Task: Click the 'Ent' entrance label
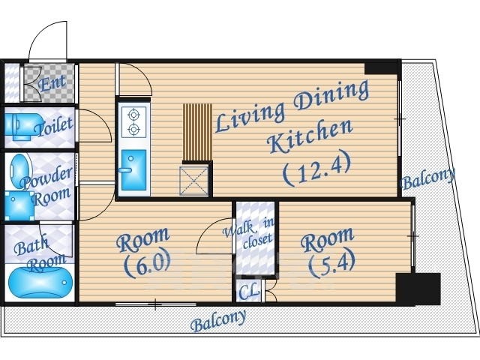(52, 82)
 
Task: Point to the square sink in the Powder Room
(19, 205)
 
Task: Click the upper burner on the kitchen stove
(133, 115)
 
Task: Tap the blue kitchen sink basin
(133, 170)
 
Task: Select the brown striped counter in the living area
(197, 132)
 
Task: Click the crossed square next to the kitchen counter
(193, 181)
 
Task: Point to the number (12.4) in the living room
(316, 169)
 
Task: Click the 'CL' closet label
(249, 292)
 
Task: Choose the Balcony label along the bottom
(218, 320)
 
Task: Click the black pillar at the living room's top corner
(381, 68)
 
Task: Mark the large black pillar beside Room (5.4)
(418, 289)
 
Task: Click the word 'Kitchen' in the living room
(310, 136)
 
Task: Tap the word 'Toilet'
(53, 127)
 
